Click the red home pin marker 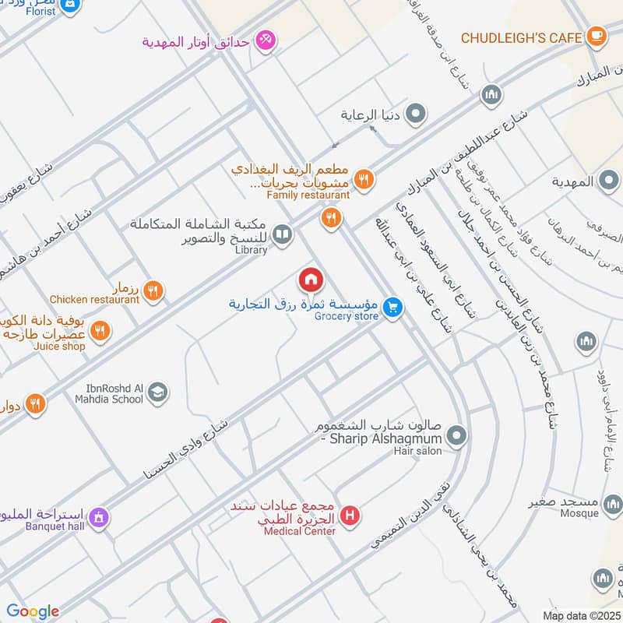pos(310,280)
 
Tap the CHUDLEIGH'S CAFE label pos(521,37)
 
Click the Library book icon pos(283,234)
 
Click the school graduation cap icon pos(158,392)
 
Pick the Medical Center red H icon pos(351,515)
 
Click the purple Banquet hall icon pos(98,516)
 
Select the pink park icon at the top pos(266,40)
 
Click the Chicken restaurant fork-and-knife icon pos(153,291)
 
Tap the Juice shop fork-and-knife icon pos(99,331)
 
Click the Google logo pos(33,611)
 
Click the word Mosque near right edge pos(580,513)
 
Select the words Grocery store pos(347,316)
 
